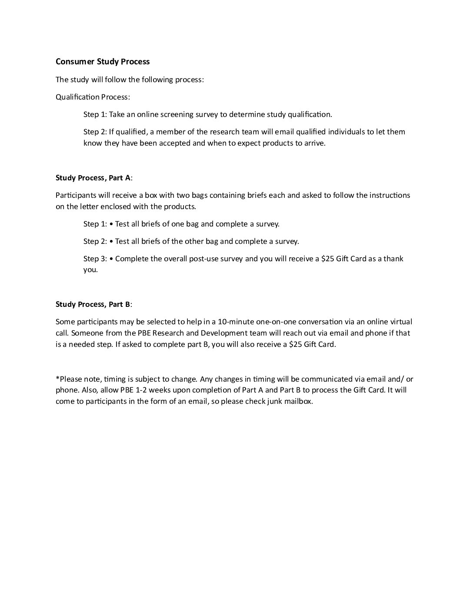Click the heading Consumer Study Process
[103, 62]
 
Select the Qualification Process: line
[93, 97]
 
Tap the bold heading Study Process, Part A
[93, 178]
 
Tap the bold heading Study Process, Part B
[93, 304]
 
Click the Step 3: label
[95, 259]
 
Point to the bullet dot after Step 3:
[112, 259]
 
